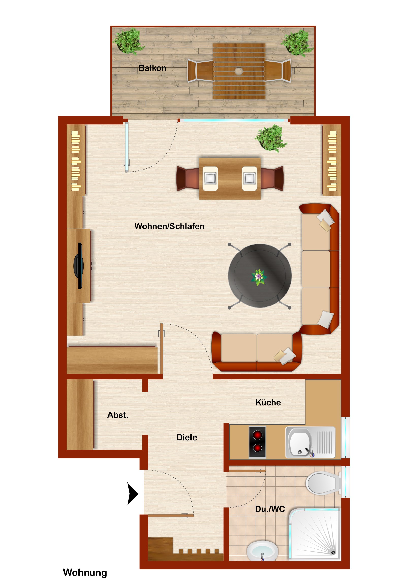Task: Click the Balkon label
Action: [x=152, y=68]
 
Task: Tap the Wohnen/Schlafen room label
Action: [x=169, y=226]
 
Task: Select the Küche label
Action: [x=268, y=403]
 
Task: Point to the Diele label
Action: [x=186, y=437]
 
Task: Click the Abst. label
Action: [x=118, y=415]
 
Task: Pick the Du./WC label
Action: [x=270, y=509]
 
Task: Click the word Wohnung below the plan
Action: [x=85, y=573]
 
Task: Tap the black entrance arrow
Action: [x=133, y=494]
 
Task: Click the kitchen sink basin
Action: [x=300, y=443]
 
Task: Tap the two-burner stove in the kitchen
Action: [x=257, y=442]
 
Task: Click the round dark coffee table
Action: [x=260, y=276]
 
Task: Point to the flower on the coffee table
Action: [x=259, y=277]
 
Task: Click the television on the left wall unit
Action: [x=79, y=266]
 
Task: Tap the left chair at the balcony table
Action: [x=200, y=70]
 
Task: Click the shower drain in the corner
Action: [x=333, y=553]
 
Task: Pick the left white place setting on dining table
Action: [x=210, y=178]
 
